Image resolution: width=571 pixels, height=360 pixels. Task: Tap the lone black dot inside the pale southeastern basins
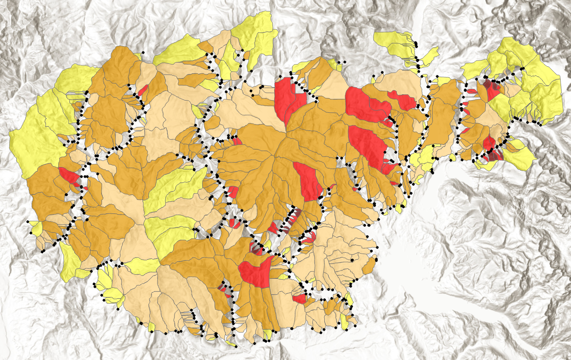click(x=351, y=260)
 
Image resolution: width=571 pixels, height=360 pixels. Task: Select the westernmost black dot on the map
click(x=28, y=222)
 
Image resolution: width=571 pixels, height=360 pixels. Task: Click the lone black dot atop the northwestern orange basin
click(x=143, y=53)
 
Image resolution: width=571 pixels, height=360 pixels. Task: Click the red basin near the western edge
click(x=69, y=175)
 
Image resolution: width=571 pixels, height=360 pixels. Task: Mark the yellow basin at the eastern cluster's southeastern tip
click(x=519, y=158)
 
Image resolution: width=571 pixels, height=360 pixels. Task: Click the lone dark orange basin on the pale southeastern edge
click(x=369, y=266)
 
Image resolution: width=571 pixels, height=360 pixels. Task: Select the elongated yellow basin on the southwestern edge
click(x=70, y=262)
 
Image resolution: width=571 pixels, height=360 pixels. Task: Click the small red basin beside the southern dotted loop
click(x=299, y=299)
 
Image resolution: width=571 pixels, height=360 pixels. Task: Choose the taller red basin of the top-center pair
click(x=283, y=99)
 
